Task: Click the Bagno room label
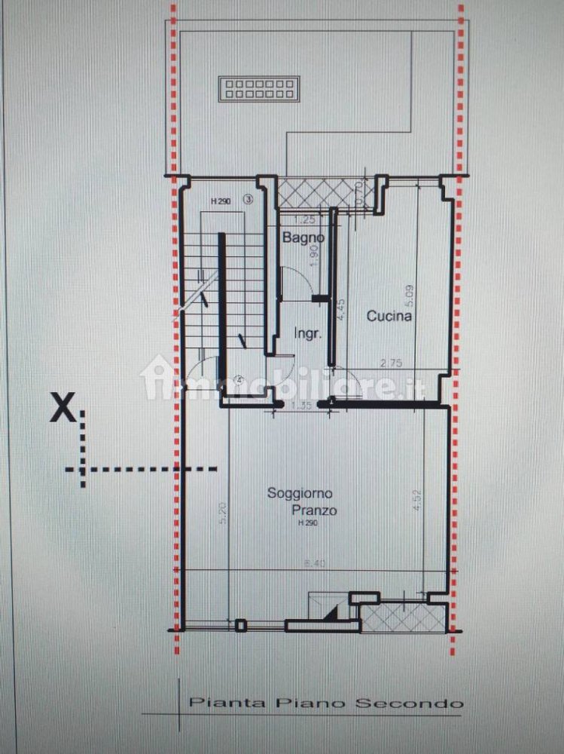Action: point(303,238)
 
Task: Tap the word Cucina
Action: point(389,317)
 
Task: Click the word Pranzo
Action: point(315,510)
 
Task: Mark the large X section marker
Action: point(61,409)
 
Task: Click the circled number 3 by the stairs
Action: point(248,200)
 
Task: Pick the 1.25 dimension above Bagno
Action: point(304,221)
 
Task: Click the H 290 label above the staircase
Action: point(220,201)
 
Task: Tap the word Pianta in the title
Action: point(214,703)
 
